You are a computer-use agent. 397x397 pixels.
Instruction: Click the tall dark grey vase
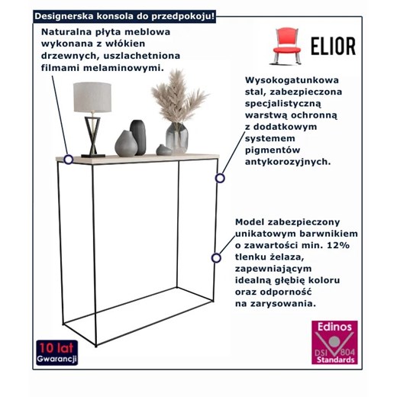point(138,135)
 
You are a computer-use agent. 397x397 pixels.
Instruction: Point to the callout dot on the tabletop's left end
point(69,160)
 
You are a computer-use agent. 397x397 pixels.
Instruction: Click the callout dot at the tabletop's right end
point(220,178)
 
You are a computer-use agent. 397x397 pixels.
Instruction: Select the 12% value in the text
point(336,244)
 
